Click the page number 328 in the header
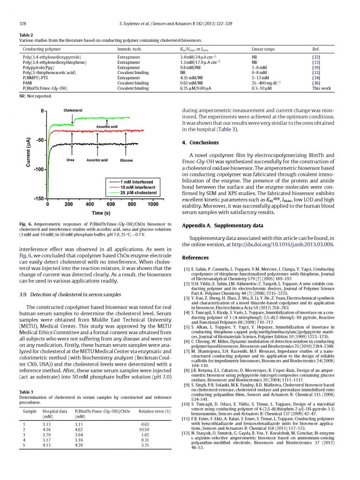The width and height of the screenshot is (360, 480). [22, 23]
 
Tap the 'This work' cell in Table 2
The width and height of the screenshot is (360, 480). [322, 88]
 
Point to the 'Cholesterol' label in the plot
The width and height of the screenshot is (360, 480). [72, 110]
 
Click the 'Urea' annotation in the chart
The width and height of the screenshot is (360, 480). [70, 160]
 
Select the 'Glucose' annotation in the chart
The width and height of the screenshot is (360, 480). [126, 160]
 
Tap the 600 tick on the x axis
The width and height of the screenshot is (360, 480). [110, 204]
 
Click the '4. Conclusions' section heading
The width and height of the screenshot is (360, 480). [200, 142]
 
